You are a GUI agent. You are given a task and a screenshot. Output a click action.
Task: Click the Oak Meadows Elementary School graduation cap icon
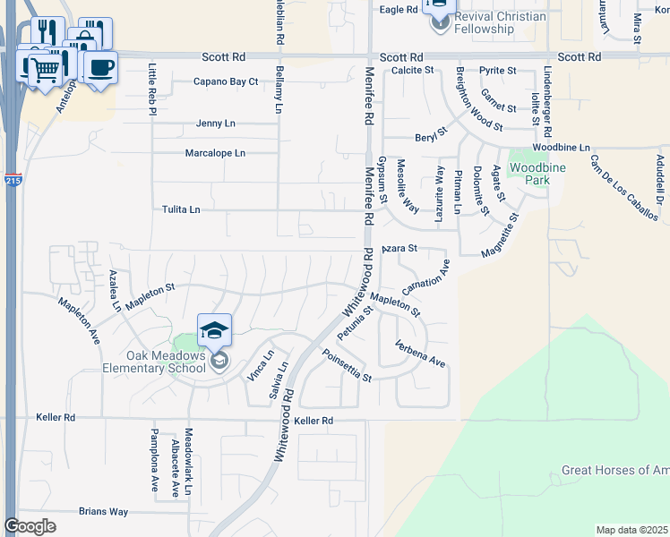click(x=214, y=331)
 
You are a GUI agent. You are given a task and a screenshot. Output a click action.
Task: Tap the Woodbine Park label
click(x=529, y=174)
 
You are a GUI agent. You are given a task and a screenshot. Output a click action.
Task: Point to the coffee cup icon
click(x=100, y=66)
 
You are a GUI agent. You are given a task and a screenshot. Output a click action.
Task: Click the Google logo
click(x=30, y=526)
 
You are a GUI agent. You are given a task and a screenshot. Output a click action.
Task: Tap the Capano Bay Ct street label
click(x=226, y=81)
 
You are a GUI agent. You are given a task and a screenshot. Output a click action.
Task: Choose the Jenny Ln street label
click(x=215, y=124)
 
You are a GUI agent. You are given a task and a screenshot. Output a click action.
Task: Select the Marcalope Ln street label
click(x=215, y=153)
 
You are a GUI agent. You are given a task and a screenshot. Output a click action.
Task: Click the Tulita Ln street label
click(x=181, y=209)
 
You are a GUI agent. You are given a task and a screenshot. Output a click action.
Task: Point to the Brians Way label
click(x=103, y=512)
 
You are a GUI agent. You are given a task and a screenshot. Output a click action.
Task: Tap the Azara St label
click(x=400, y=248)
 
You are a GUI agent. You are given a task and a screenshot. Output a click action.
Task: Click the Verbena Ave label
click(x=420, y=354)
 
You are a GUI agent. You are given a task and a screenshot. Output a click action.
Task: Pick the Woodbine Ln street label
click(x=561, y=147)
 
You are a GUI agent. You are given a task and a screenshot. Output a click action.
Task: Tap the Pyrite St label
click(x=498, y=70)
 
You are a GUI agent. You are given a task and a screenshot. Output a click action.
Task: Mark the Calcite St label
click(x=412, y=70)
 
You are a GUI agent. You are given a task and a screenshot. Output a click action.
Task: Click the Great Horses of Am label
click(x=614, y=471)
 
